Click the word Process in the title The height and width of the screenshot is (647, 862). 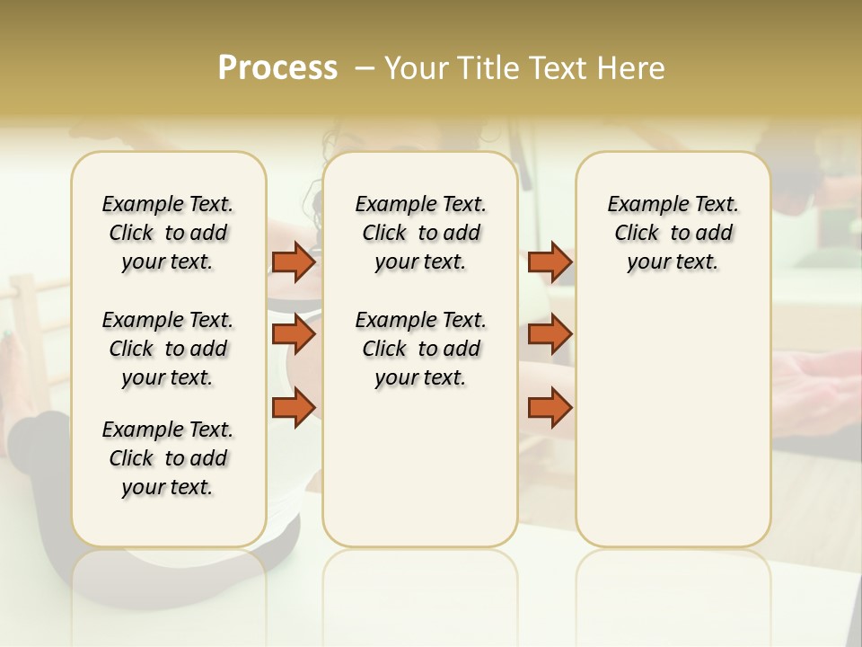click(x=277, y=68)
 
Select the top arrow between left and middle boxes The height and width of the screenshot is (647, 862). click(x=293, y=262)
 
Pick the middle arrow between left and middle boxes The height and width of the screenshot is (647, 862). click(x=293, y=334)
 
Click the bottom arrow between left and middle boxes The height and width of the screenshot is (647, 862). click(x=293, y=407)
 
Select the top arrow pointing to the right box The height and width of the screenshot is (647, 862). click(x=550, y=262)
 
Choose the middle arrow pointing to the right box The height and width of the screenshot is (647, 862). click(x=550, y=334)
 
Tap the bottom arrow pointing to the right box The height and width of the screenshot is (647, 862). click(x=550, y=407)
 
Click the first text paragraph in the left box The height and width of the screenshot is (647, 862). click(x=168, y=233)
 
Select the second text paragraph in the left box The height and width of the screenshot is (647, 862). click(x=168, y=349)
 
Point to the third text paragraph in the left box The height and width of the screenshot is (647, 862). click(x=168, y=458)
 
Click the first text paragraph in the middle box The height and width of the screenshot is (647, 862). click(x=420, y=233)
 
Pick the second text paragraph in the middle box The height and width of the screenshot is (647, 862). click(x=420, y=349)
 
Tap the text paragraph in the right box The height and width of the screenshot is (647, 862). click(x=673, y=233)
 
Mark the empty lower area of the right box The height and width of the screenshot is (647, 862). click(x=673, y=422)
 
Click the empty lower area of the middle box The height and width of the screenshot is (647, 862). click(x=420, y=467)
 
